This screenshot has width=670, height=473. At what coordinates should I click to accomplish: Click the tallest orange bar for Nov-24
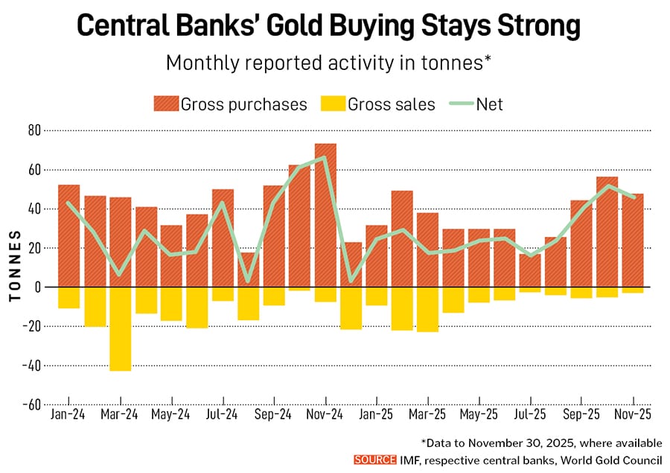[x=325, y=215]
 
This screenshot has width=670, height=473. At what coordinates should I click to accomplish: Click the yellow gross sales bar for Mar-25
[x=427, y=309]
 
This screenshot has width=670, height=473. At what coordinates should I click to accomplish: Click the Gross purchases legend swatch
[x=165, y=104]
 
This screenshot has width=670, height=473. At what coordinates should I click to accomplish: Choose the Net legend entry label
[x=490, y=104]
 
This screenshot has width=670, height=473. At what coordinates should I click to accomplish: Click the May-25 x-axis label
[x=479, y=414]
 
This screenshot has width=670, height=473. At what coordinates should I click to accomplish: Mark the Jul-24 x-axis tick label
[x=223, y=414]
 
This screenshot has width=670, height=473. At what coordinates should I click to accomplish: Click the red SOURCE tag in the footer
[x=375, y=460]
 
